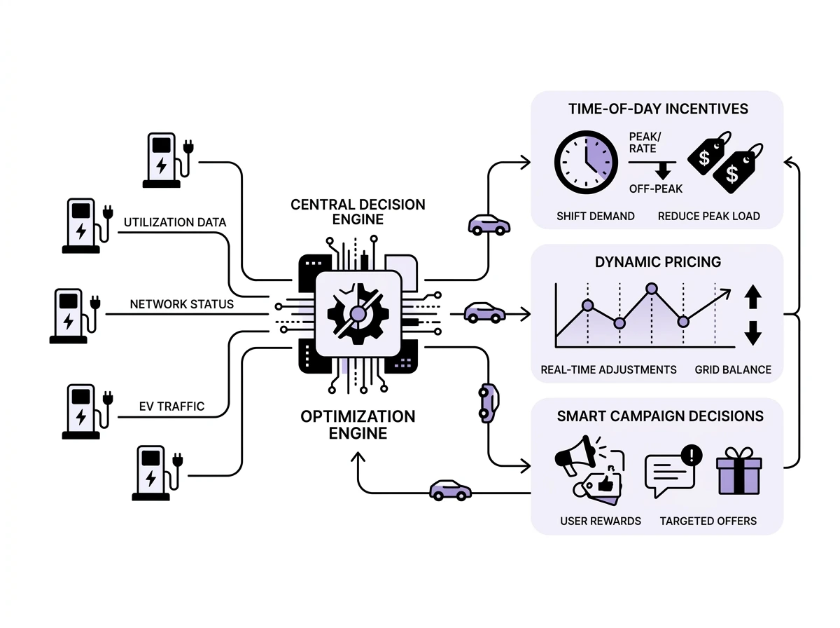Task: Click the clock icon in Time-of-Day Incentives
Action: [x=586, y=162]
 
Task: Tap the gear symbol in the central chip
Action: [x=358, y=314]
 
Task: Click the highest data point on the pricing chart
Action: [x=652, y=288]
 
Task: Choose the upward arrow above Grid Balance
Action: [x=752, y=297]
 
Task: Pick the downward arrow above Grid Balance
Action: [x=752, y=333]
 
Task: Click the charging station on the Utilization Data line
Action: [x=83, y=225]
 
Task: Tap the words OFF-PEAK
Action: [x=655, y=189]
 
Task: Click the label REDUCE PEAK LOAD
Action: [x=708, y=216]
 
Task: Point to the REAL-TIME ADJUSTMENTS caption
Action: [x=608, y=369]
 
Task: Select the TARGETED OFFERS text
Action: [x=708, y=521]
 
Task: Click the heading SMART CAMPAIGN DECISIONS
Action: [x=660, y=416]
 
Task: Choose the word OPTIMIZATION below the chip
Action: [x=358, y=416]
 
